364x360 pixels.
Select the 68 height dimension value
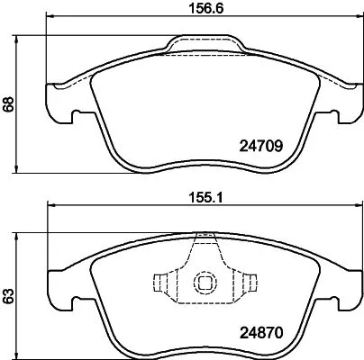click(x=9, y=104)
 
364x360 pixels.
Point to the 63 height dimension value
click(x=9, y=294)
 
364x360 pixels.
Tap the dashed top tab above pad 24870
click(x=205, y=239)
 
